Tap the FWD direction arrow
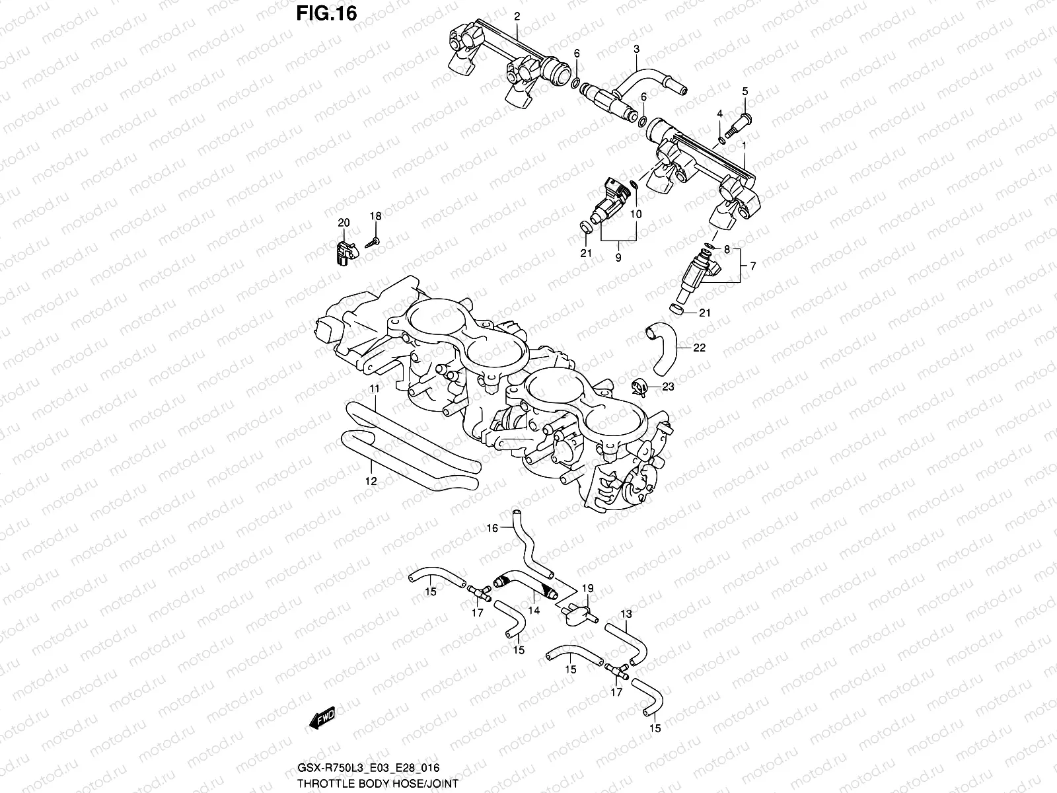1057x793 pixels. [x=322, y=718]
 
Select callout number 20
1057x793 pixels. [x=344, y=223]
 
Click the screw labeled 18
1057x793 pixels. [x=372, y=242]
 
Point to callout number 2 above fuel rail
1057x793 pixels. [x=517, y=15]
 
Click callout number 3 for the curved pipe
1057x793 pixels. [x=636, y=49]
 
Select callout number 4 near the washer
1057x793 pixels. [x=721, y=114]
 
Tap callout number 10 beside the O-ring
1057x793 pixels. [x=636, y=214]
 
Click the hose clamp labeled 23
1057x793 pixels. [x=640, y=388]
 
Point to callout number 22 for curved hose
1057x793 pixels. [x=700, y=347]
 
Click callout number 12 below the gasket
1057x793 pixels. [x=371, y=481]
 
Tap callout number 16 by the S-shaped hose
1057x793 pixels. [x=492, y=527]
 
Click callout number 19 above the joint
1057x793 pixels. [x=587, y=588]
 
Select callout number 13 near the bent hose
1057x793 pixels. [x=626, y=614]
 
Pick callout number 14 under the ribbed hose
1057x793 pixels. [x=534, y=611]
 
